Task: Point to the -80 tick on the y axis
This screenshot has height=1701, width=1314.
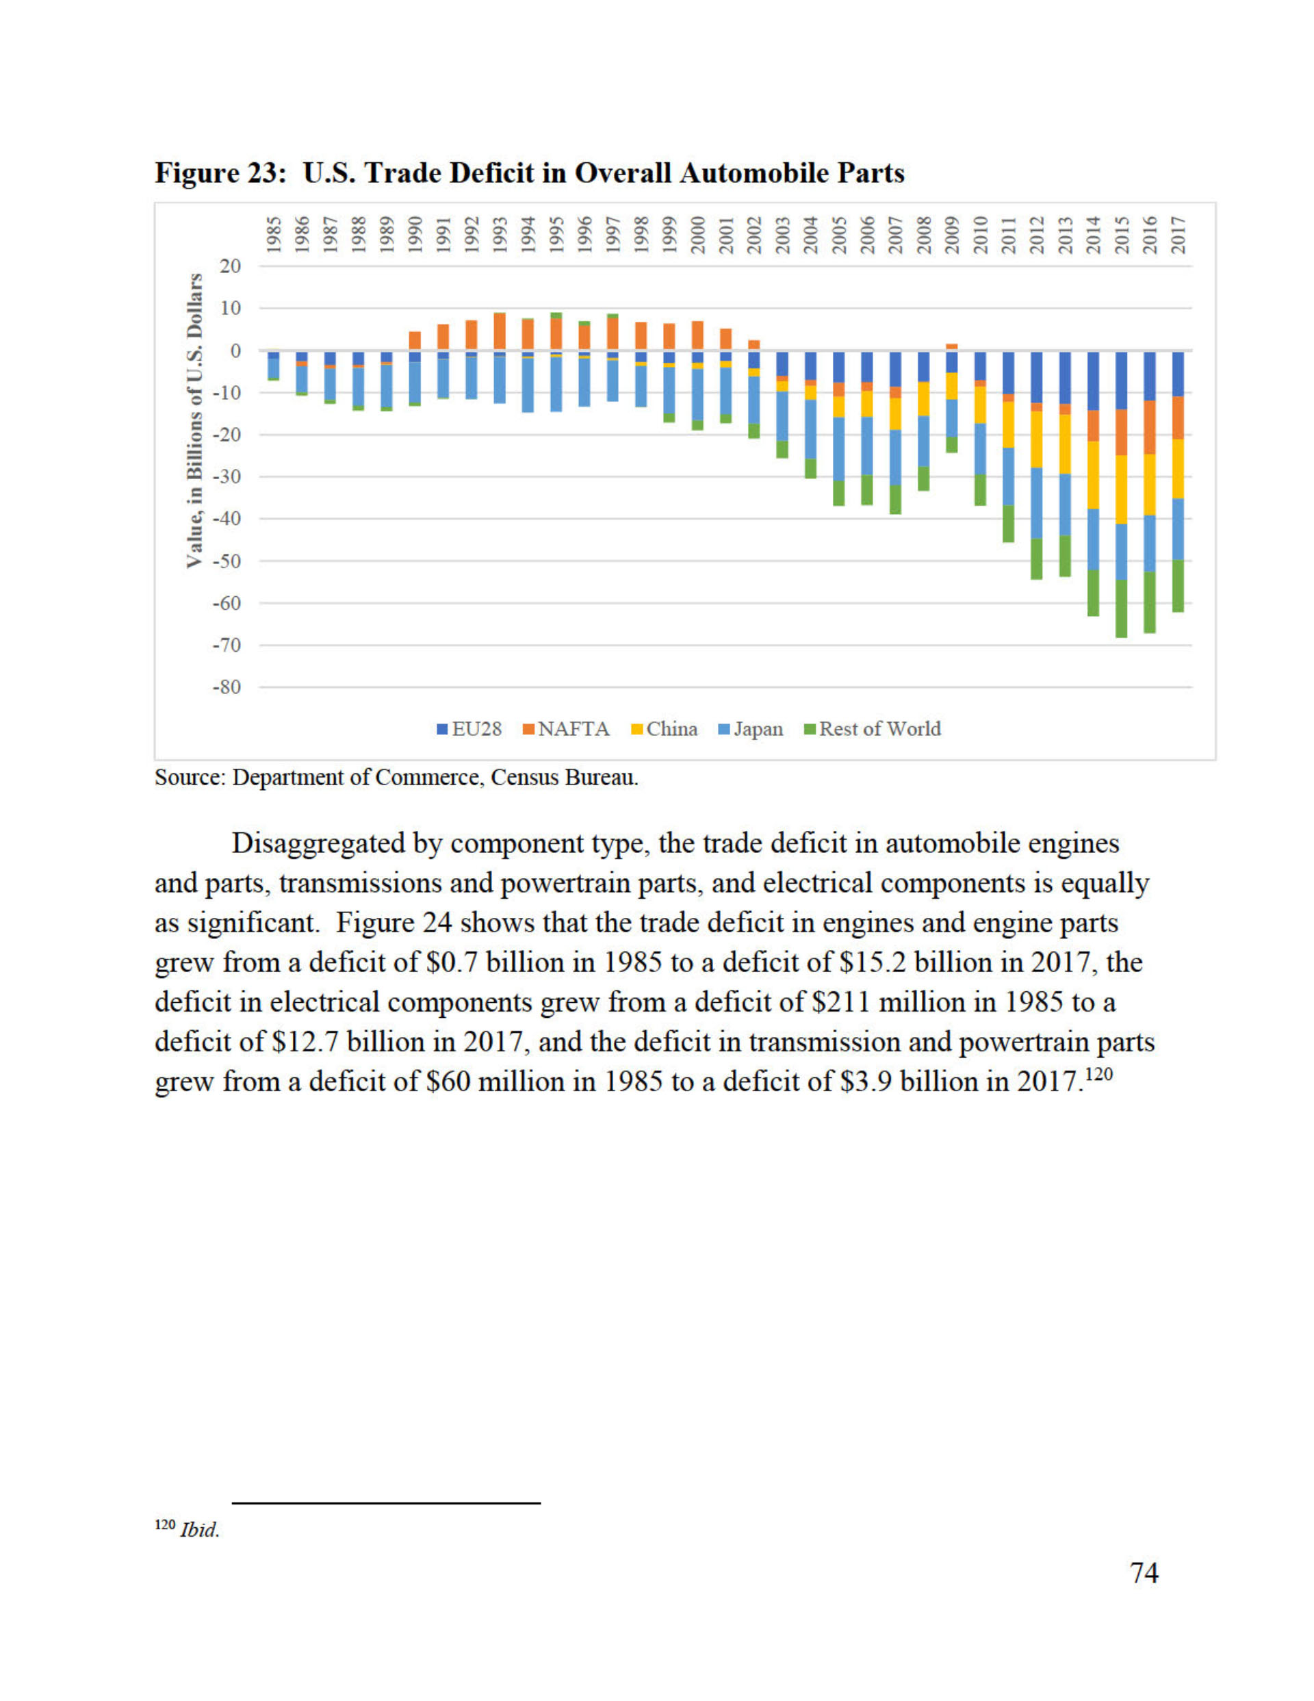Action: pyautogui.click(x=226, y=687)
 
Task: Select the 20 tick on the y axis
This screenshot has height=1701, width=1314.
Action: pyautogui.click(x=231, y=266)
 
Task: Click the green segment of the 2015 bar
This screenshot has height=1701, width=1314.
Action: pyautogui.click(x=1121, y=609)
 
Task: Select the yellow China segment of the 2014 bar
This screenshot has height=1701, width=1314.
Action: pyautogui.click(x=1093, y=474)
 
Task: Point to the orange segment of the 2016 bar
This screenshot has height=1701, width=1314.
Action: pyautogui.click(x=1149, y=427)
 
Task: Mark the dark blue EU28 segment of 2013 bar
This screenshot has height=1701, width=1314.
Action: pyautogui.click(x=1065, y=378)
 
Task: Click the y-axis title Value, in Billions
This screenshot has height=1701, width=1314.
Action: pyautogui.click(x=195, y=420)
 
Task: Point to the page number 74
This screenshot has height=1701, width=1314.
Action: pyautogui.click(x=1144, y=1573)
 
